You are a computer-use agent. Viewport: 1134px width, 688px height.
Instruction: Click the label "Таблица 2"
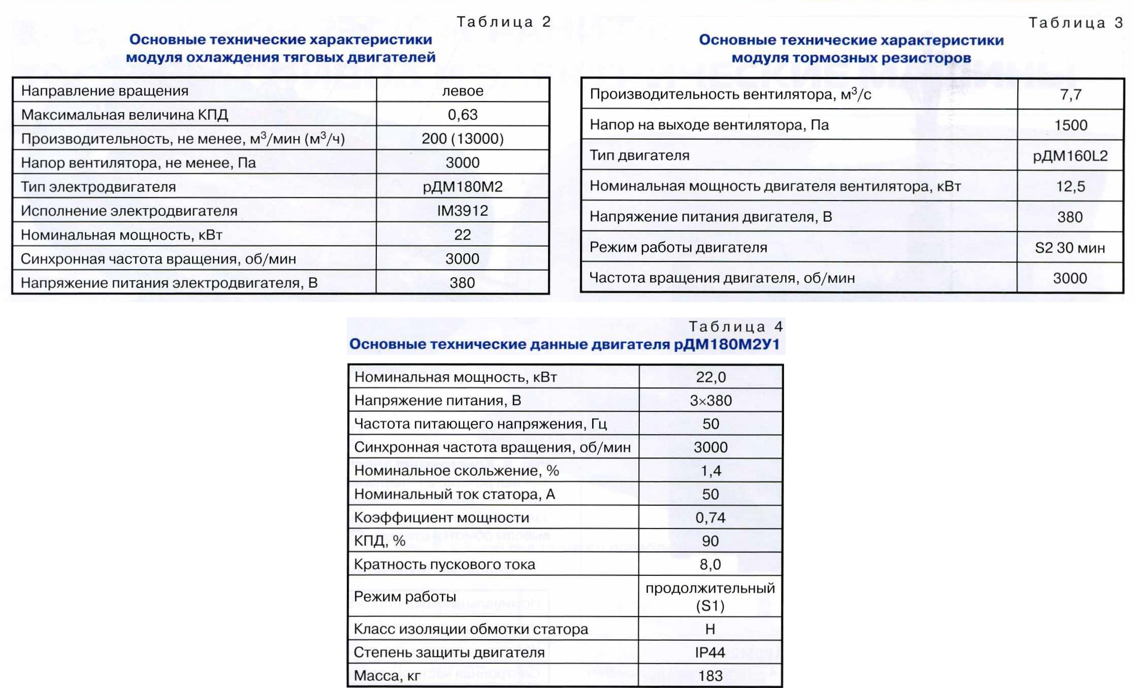coord(503,22)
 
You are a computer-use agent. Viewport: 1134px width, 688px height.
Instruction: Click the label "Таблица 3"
coord(1075,23)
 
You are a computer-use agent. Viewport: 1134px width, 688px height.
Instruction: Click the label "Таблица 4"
coord(735,326)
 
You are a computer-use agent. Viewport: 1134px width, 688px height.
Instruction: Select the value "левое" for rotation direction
coord(462,91)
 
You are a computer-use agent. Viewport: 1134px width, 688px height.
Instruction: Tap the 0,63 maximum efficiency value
coord(462,115)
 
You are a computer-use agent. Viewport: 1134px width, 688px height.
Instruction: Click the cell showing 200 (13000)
coord(462,139)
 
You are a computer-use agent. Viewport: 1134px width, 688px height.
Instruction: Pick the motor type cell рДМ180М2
coord(462,187)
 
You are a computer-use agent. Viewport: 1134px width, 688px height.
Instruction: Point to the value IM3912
coord(462,211)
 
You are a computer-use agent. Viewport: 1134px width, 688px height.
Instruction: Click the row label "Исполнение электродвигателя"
coord(129,211)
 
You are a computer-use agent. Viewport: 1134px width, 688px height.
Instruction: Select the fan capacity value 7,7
coord(1071,94)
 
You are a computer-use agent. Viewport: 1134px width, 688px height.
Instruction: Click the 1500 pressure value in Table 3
coord(1071,125)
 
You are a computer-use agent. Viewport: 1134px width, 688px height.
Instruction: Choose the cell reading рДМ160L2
coord(1071,156)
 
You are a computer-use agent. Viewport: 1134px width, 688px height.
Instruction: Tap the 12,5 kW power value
coord(1071,186)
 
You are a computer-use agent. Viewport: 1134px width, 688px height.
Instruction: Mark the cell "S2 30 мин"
coord(1070,248)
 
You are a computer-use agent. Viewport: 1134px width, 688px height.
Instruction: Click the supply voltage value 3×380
coord(710,401)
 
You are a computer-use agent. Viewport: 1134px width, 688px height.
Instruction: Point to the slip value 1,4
coord(710,471)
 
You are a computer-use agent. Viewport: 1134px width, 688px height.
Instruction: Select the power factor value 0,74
coord(710,518)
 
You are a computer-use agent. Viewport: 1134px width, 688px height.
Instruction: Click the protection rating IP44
coord(710,652)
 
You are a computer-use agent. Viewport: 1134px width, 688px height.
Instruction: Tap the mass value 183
coord(710,676)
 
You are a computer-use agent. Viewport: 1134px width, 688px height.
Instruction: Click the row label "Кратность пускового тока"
coord(444,565)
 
